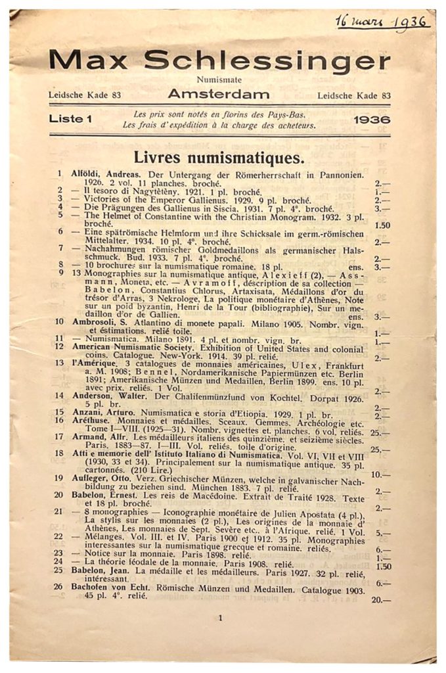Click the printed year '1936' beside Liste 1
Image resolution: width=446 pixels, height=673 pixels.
point(371,120)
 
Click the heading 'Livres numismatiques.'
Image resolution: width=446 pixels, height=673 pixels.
point(219,158)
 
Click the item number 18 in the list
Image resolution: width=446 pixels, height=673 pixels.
point(59,452)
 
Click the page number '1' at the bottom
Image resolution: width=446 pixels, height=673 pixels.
point(221,618)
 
